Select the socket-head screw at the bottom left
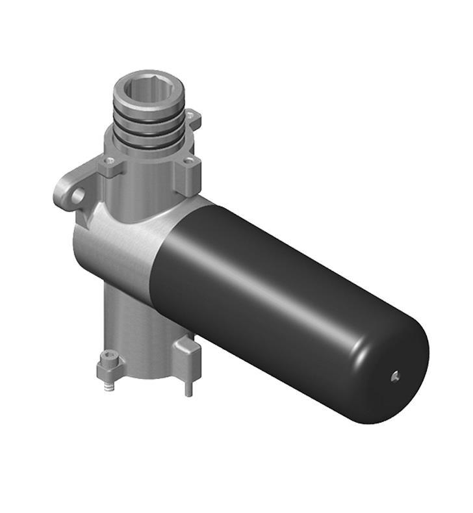pos(108,358)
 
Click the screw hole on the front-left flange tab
pos(110,160)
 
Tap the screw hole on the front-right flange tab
pos(189,161)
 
